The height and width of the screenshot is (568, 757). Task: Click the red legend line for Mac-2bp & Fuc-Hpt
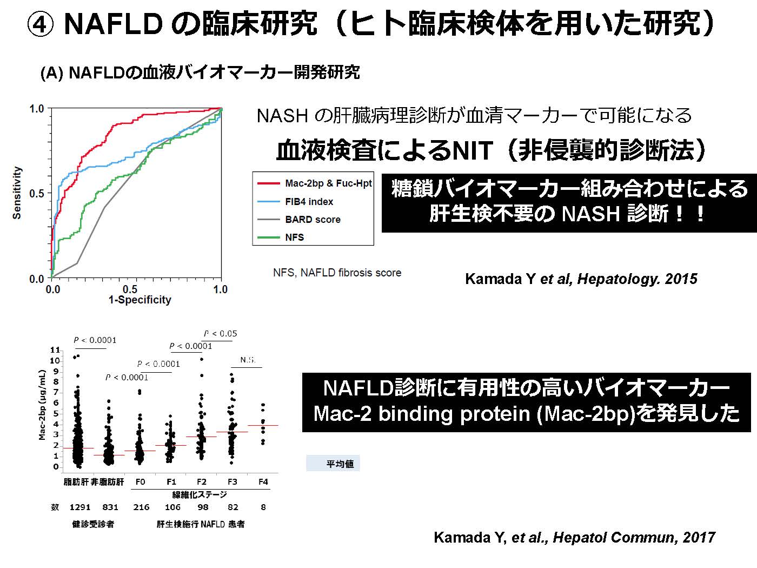268,183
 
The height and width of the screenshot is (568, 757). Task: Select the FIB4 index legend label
309,202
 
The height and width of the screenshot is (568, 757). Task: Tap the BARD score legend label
313,220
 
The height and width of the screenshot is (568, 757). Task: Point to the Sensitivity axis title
17,193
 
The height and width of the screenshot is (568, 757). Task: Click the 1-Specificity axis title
140,300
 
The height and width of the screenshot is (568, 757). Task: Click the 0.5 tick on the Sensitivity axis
37,194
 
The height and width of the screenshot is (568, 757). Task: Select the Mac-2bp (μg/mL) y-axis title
42,405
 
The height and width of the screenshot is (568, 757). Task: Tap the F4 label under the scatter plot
263,481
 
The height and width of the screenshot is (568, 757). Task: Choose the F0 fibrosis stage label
141,481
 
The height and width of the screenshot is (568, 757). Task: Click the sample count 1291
80,507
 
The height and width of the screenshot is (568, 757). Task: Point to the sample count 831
110,507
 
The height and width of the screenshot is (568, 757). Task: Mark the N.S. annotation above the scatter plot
248,360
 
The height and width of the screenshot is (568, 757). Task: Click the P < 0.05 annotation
221,334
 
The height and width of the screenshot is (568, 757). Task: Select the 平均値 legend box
333,464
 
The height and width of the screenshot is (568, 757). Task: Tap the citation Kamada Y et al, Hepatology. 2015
581,279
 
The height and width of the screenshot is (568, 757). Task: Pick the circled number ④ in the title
40,24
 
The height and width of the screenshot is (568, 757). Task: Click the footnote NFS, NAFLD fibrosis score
337,273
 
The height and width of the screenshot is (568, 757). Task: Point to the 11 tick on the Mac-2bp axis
55,350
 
